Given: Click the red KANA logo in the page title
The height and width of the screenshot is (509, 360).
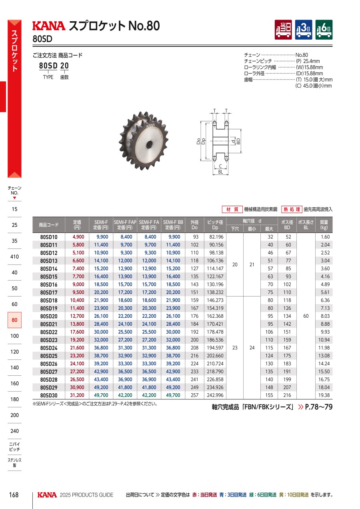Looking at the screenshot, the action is click(x=49, y=26).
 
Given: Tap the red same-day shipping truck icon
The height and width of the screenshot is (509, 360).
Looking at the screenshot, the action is click(x=283, y=30).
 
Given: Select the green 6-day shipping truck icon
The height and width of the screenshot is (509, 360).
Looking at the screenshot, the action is click(x=324, y=30).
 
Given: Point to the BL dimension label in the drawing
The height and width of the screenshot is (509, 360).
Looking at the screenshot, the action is click(x=220, y=172).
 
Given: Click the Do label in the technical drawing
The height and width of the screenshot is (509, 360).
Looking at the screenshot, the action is click(x=198, y=141).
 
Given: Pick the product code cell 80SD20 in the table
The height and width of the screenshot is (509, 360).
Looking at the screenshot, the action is click(x=49, y=316).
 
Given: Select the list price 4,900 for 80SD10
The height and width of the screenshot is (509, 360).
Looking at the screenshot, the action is click(x=78, y=237).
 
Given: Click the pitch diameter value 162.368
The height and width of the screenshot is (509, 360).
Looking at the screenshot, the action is click(x=215, y=316).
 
